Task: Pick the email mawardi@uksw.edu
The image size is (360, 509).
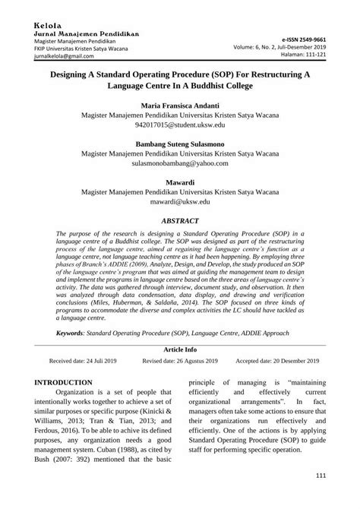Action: pos(179,204)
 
